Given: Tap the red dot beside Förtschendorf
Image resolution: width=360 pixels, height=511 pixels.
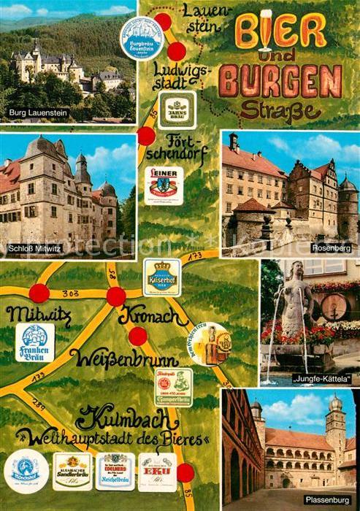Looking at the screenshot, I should tap(146, 136).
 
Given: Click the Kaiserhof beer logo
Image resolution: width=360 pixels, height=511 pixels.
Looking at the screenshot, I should tap(161, 277).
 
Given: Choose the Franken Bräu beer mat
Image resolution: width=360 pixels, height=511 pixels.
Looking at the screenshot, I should tap(34, 342).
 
